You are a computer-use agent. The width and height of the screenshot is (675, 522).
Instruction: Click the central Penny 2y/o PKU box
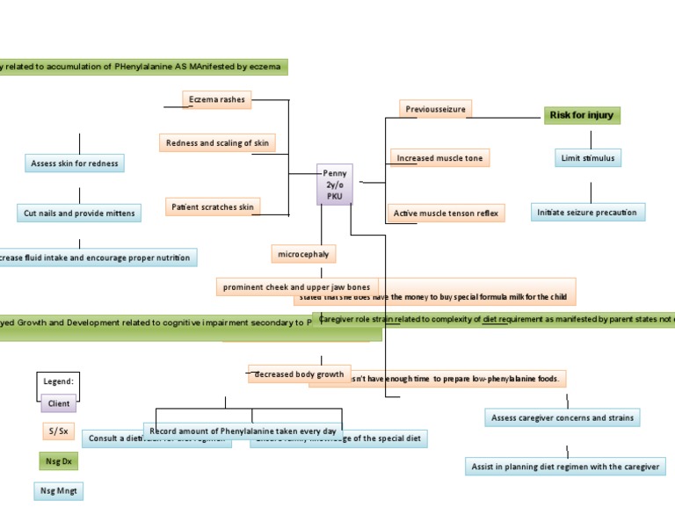335,185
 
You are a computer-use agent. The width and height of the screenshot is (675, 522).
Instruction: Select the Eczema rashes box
217,100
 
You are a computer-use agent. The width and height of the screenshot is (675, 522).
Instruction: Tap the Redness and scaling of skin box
217,142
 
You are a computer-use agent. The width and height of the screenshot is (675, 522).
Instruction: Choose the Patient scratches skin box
214,207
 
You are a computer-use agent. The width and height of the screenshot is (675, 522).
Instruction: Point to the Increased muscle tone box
439,158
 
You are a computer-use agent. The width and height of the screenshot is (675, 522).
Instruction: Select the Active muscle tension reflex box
446,214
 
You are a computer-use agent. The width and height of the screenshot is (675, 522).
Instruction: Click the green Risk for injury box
583,115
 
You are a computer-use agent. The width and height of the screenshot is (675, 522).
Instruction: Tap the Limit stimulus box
589,158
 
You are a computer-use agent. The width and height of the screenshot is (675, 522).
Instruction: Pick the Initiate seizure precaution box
587,213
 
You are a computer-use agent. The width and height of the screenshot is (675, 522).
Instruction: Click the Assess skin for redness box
75,163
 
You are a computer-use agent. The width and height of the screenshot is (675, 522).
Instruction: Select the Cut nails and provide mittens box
79,214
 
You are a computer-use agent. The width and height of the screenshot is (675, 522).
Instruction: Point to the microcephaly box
303,254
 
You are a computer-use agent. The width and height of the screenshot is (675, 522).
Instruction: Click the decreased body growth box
299,374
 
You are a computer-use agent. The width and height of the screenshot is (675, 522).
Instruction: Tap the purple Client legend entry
59,403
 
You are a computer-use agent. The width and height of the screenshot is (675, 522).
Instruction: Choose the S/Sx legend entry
58,431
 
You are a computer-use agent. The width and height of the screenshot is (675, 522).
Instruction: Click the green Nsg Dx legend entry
59,461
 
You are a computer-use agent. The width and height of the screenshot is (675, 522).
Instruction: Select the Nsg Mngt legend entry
59,491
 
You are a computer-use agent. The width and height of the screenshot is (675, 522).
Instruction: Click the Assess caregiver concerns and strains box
562,417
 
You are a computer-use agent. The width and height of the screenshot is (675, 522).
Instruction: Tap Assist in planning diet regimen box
565,467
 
